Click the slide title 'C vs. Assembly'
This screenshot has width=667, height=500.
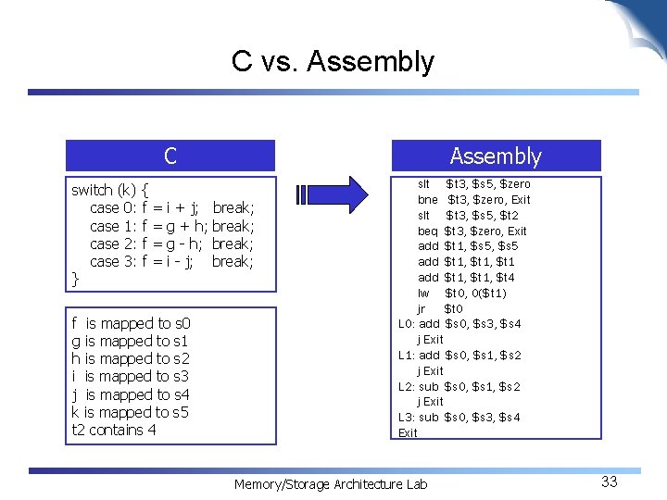pyautogui.click(x=333, y=62)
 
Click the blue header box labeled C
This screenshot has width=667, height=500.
pyautogui.click(x=170, y=156)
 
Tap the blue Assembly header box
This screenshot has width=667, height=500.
pyautogui.click(x=496, y=156)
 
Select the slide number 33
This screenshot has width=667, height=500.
pyautogui.click(x=609, y=481)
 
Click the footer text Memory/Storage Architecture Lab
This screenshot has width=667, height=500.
pyautogui.click(x=331, y=484)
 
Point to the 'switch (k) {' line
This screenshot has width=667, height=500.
pyautogui.click(x=111, y=190)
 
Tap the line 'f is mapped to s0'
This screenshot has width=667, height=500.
pyautogui.click(x=131, y=323)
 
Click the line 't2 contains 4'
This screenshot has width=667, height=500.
pyautogui.click(x=114, y=430)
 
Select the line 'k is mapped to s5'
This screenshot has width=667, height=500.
pyautogui.click(x=130, y=412)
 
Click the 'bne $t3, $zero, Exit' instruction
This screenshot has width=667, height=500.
pyautogui.click(x=473, y=199)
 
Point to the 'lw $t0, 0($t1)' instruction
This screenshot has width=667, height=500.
pyautogui.click(x=461, y=293)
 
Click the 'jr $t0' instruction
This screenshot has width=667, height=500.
pyautogui.click(x=439, y=308)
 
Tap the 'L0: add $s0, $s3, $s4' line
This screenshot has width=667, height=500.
pyautogui.click(x=459, y=323)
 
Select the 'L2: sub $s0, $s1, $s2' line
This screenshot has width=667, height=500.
pyautogui.click(x=459, y=386)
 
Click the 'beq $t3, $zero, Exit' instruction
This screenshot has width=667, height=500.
pyautogui.click(x=472, y=231)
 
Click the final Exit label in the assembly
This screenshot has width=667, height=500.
pyautogui.click(x=408, y=432)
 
